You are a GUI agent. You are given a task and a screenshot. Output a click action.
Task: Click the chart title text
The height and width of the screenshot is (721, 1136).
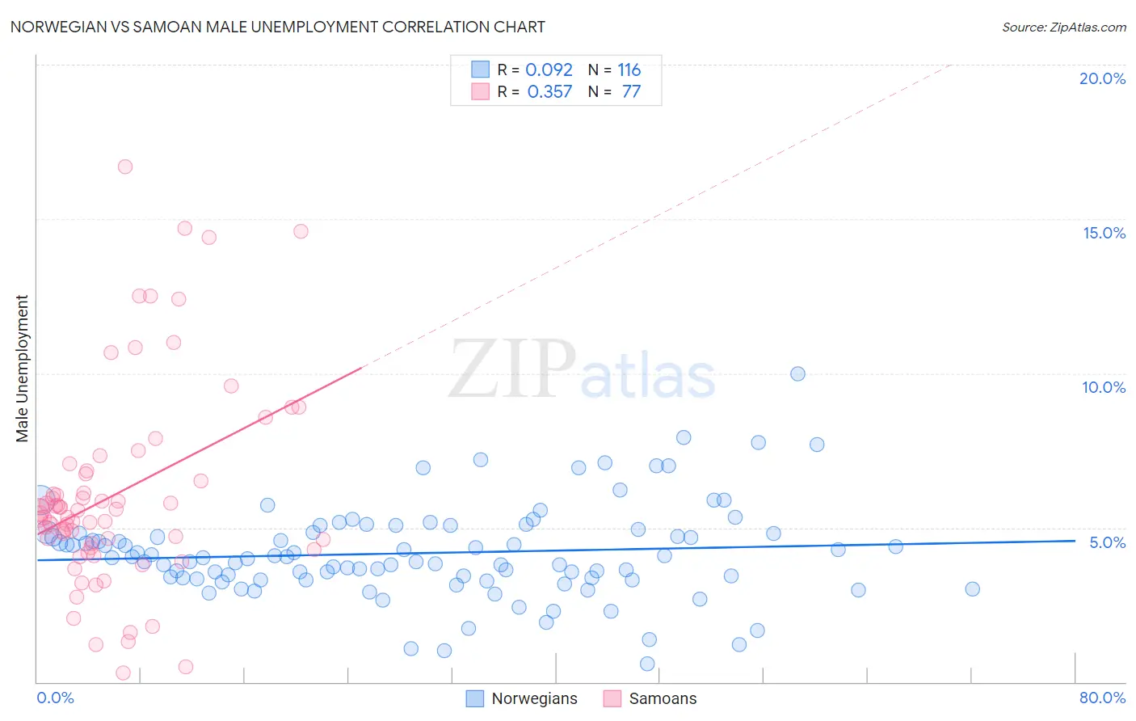[277, 27]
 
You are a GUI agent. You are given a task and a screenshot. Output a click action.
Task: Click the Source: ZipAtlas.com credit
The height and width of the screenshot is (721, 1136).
[1063, 27]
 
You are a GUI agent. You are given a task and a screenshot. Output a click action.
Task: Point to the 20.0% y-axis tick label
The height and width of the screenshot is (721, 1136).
[1102, 78]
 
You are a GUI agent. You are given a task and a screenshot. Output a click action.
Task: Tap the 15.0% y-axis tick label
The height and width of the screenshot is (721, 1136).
[1104, 233]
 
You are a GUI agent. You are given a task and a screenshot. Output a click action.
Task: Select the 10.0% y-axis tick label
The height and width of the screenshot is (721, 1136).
[1104, 387]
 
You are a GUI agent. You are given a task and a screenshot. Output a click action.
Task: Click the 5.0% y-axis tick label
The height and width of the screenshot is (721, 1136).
[1107, 542]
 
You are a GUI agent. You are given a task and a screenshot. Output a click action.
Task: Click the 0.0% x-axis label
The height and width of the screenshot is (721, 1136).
[55, 698]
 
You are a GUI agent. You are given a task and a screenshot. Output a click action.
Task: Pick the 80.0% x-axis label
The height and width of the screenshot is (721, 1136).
[1102, 698]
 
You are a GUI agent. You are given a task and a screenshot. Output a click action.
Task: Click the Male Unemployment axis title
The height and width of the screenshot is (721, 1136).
[22, 369]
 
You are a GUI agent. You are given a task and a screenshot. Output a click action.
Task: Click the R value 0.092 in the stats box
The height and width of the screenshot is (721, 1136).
[549, 70]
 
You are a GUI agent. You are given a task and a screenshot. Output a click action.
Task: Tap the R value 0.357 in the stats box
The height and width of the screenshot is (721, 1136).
[549, 91]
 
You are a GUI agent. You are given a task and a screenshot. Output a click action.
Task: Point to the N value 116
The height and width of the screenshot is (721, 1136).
[629, 70]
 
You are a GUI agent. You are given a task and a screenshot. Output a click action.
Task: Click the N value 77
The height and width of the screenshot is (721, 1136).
[631, 91]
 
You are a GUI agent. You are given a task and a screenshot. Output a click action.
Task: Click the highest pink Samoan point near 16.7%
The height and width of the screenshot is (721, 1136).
[125, 167]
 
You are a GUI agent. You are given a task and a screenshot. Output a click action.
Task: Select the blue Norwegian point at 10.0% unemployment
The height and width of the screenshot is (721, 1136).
[797, 373]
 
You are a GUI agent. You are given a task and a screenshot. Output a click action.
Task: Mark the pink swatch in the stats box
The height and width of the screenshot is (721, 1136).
[481, 91]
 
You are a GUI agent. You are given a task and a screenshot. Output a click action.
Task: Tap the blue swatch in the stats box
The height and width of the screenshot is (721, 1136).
[481, 70]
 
